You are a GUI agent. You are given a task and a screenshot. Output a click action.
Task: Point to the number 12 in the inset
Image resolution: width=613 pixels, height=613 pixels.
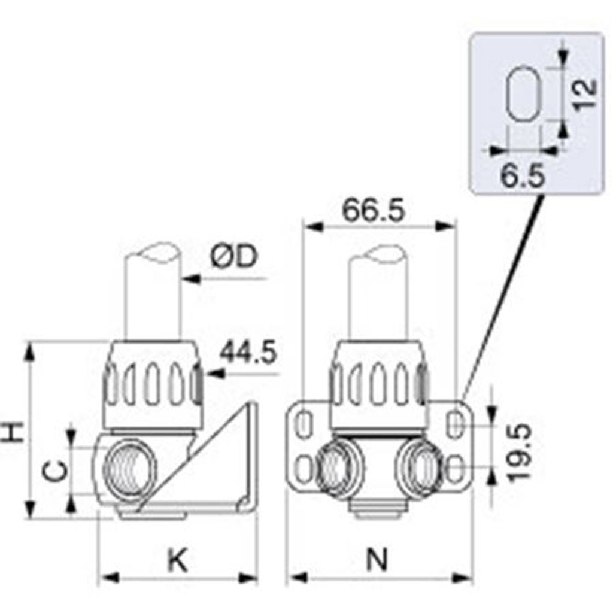(585, 94)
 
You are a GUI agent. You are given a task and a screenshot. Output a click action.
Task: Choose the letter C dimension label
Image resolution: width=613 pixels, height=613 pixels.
(53, 471)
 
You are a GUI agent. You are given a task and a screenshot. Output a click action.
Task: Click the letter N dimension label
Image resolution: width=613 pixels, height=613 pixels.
(378, 560)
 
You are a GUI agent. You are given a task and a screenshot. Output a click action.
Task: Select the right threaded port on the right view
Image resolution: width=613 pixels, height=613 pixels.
(419, 466)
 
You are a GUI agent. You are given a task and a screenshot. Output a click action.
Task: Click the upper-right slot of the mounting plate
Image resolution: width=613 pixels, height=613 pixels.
(454, 423)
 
